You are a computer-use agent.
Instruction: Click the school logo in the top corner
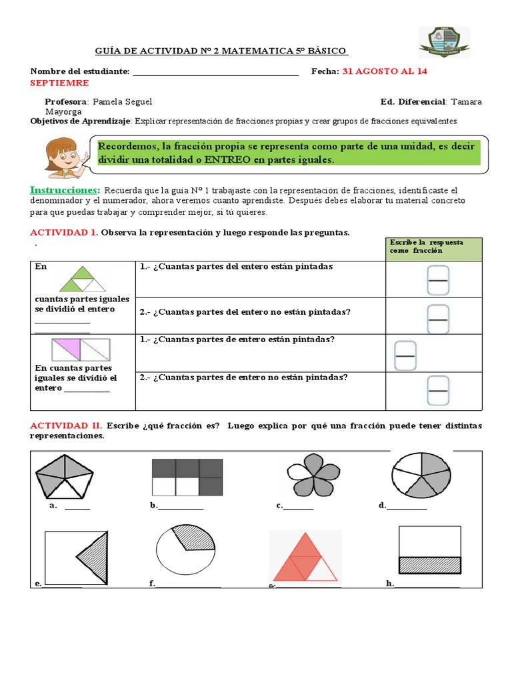tap(443, 42)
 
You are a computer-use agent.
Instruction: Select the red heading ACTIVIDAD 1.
tap(64, 232)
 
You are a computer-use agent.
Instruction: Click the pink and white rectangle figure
tap(81, 350)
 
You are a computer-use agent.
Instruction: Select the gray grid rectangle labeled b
tap(187, 478)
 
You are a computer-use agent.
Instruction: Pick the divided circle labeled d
tap(420, 475)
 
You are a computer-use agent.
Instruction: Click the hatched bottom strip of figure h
tap(429, 565)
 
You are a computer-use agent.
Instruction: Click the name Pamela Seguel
tap(122, 101)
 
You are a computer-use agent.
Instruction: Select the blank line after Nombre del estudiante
tap(216, 72)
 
